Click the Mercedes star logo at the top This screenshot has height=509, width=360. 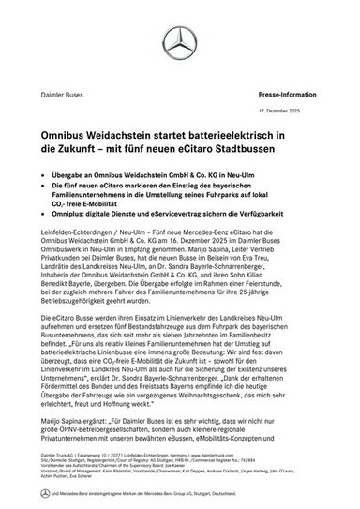point(179,40)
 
